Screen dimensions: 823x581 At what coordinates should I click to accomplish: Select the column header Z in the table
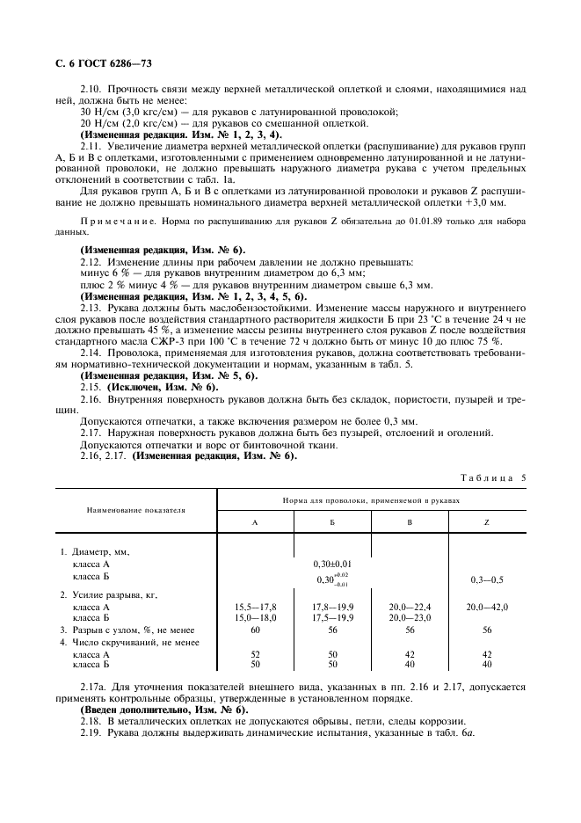(x=486, y=521)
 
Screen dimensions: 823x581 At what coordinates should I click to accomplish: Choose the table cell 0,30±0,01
(x=332, y=563)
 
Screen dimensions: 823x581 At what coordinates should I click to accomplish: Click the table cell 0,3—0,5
(x=486, y=579)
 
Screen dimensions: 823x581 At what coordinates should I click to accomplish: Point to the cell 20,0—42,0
(x=486, y=607)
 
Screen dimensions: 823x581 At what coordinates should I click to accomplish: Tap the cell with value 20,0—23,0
(x=410, y=618)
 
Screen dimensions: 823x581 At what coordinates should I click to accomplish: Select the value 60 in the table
(x=255, y=630)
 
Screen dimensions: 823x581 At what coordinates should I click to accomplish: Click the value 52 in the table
(x=255, y=654)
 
